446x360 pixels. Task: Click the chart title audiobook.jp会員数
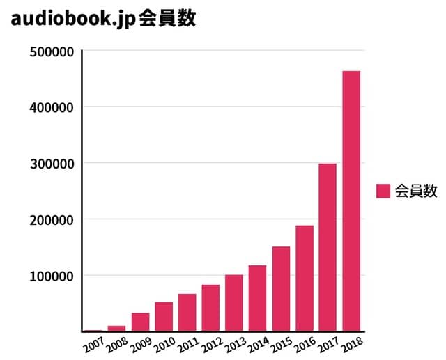pyautogui.click(x=103, y=19)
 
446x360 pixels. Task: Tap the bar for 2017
pyautogui.click(x=328, y=247)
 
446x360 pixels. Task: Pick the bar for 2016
pyautogui.click(x=304, y=278)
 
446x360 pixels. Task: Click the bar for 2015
pyautogui.click(x=281, y=288)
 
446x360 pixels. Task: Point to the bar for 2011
pyautogui.click(x=187, y=312)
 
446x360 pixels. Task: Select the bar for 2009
pyautogui.click(x=140, y=322)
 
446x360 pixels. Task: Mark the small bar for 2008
pyautogui.click(x=116, y=328)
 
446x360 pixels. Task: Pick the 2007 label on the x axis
pyautogui.click(x=93, y=345)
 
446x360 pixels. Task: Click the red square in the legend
pyautogui.click(x=383, y=191)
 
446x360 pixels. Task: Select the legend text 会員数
pyautogui.click(x=415, y=191)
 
